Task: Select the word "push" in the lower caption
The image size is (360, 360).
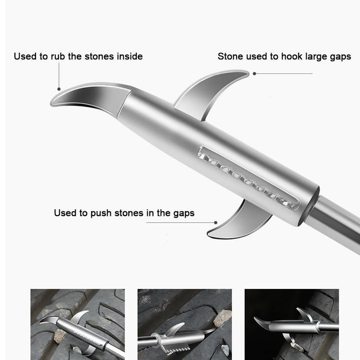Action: pyautogui.click(x=101, y=213)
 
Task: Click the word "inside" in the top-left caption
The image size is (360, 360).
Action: pyautogui.click(x=129, y=57)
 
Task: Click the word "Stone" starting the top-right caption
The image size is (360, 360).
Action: pyautogui.click(x=230, y=57)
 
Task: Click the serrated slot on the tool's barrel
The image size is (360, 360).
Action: pyautogui.click(x=247, y=178)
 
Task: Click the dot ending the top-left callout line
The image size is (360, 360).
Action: pyautogui.click(x=59, y=89)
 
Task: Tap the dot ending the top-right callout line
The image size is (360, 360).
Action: pyautogui.click(x=254, y=74)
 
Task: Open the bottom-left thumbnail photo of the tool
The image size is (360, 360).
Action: pyautogui.click(x=78, y=324)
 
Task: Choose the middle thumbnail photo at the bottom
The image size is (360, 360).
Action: pyautogui.click(x=185, y=324)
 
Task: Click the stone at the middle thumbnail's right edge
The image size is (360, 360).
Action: pyautogui.click(x=223, y=318)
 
